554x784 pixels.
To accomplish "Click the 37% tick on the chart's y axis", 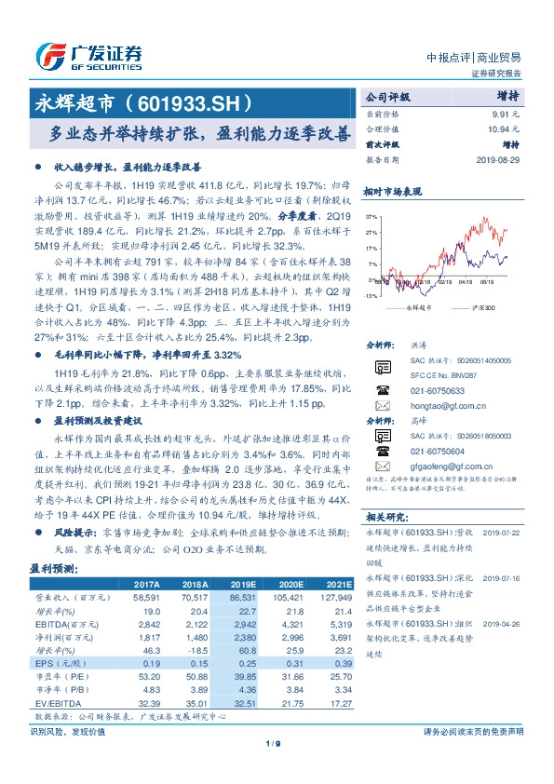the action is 372,215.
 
